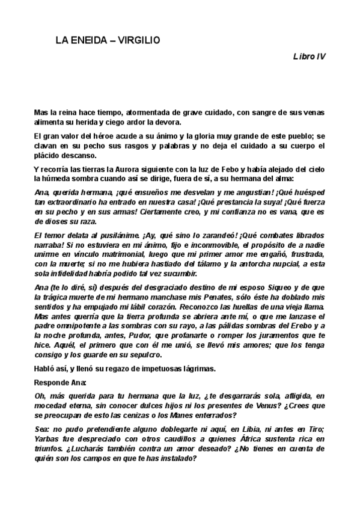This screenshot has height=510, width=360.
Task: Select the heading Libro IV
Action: coord(310,56)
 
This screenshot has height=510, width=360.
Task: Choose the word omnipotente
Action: coord(67,325)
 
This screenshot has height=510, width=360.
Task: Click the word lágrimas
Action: coord(201,369)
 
